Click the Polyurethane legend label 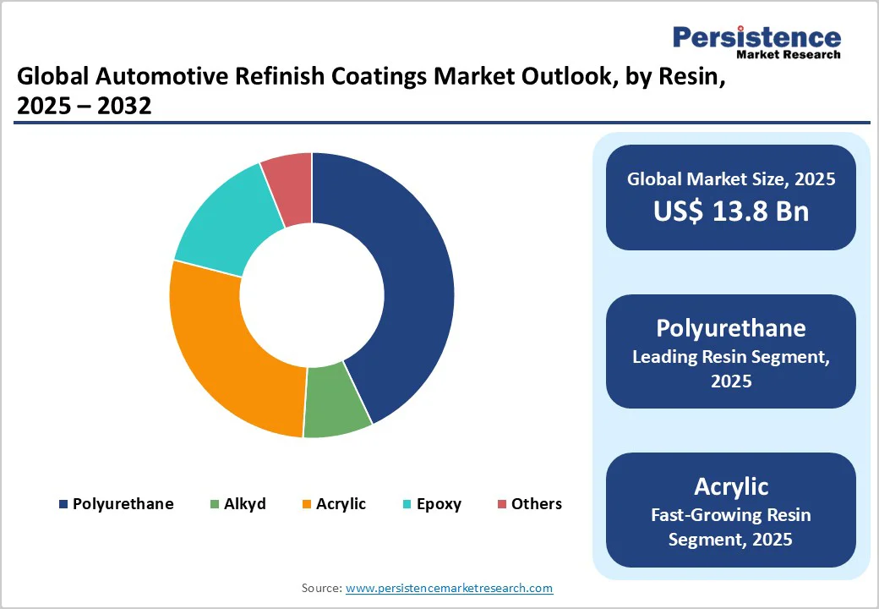123,504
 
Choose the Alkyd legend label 245,504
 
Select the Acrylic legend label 341,504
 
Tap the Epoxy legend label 438,504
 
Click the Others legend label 536,504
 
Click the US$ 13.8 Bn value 731,211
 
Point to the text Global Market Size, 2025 731,178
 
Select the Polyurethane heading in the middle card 731,328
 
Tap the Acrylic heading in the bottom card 731,486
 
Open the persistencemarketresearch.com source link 449,588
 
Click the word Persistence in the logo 756,37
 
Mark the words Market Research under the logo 788,55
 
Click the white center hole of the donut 312,295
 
